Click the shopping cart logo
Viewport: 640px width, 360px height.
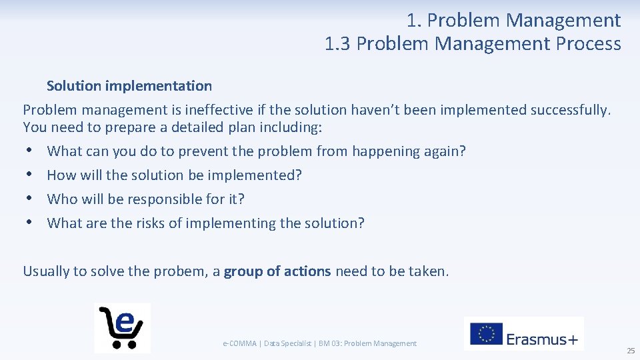(x=122, y=327)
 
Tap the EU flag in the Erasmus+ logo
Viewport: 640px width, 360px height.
(x=487, y=334)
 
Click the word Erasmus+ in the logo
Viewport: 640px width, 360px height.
(x=542, y=339)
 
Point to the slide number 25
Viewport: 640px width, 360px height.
(x=630, y=351)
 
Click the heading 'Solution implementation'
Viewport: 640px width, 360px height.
(x=129, y=86)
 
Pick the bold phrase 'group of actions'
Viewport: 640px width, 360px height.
(x=277, y=271)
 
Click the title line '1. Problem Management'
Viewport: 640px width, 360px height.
(x=513, y=21)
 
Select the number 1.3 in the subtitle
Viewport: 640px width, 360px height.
(x=338, y=44)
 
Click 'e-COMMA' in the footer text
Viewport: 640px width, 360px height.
(x=239, y=343)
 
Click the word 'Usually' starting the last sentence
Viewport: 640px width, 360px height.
(x=46, y=271)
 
